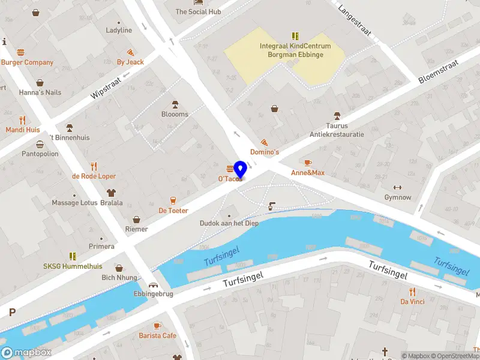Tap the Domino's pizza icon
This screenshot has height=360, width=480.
[x=264, y=143]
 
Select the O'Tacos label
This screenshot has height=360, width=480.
[x=230, y=179]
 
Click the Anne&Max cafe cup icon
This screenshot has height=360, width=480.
[x=308, y=163]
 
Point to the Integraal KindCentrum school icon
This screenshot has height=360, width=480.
[x=295, y=36]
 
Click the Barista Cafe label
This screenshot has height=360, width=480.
[x=157, y=335]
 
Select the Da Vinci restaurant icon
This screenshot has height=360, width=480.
[x=412, y=291]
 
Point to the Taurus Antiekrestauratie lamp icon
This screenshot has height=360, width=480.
[x=337, y=116]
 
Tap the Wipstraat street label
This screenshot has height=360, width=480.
[x=106, y=88]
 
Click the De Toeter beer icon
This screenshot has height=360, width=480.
[x=173, y=200]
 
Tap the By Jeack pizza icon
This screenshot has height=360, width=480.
[x=130, y=52]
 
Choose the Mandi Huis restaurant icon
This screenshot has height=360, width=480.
[x=23, y=119]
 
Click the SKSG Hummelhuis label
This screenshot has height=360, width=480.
[x=73, y=266]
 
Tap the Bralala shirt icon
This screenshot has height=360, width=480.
[x=111, y=193]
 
